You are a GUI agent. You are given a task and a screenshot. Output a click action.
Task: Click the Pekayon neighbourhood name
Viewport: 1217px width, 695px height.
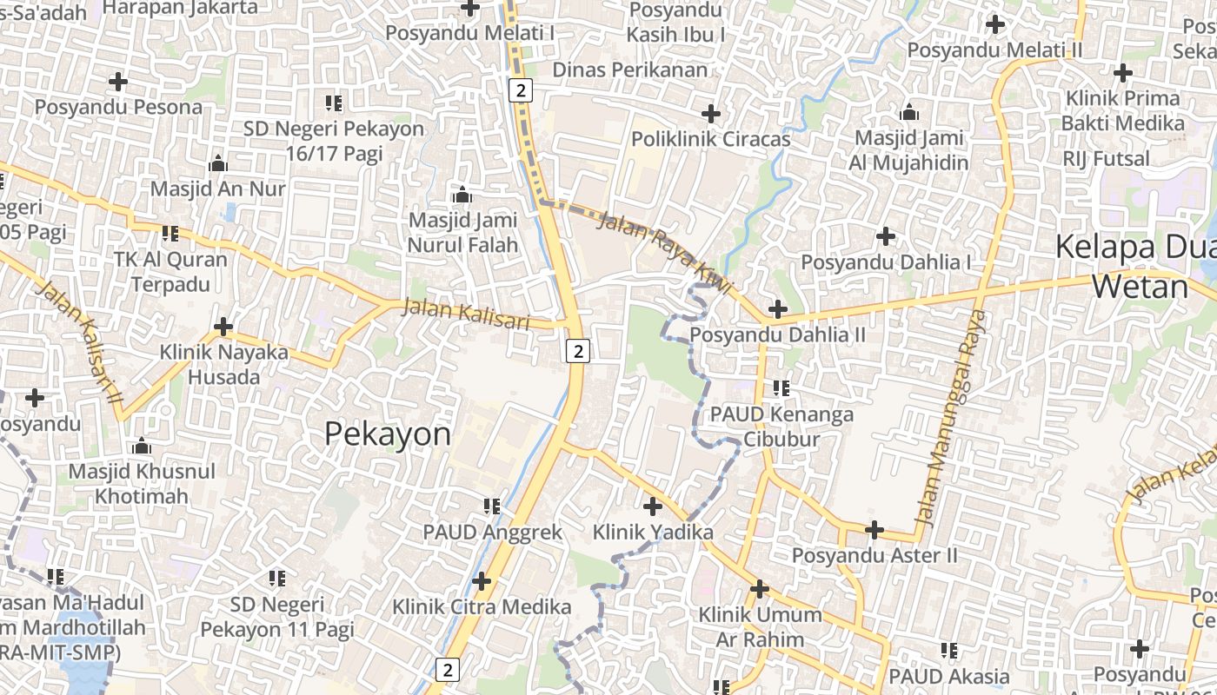tap(388, 434)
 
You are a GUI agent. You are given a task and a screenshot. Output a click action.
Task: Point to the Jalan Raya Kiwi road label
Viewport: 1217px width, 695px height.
tap(666, 252)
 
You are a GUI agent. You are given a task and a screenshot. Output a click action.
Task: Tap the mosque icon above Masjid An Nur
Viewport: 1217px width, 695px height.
tap(217, 163)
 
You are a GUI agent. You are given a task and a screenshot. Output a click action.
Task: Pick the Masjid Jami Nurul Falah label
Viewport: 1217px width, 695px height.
tap(462, 233)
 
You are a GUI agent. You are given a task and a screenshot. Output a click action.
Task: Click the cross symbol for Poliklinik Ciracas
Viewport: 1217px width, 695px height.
tap(711, 114)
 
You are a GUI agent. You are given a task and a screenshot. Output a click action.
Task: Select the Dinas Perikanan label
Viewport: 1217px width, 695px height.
tap(630, 69)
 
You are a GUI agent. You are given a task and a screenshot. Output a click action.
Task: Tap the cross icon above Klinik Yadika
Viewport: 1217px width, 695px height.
tap(653, 506)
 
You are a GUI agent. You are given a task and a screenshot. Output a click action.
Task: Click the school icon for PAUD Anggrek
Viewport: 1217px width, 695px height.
tap(492, 506)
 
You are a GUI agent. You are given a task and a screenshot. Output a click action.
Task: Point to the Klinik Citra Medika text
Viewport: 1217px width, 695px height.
tap(482, 606)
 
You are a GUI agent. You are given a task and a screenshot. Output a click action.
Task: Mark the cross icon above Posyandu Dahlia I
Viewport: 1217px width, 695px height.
tap(886, 235)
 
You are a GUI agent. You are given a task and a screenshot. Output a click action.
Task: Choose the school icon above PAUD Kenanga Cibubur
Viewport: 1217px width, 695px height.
tap(781, 387)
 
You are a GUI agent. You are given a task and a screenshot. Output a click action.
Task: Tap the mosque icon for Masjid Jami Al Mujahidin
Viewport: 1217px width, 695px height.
tap(909, 112)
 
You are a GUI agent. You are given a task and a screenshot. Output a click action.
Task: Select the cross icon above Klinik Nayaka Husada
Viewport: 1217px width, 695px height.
tap(223, 327)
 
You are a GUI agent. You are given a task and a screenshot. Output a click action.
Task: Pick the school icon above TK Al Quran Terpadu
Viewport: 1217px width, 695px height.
tap(170, 233)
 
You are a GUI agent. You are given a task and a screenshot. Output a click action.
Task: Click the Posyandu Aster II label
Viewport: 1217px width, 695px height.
tap(875, 555)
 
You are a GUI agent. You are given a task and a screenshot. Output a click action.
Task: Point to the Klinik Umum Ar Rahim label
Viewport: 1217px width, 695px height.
tap(760, 626)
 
